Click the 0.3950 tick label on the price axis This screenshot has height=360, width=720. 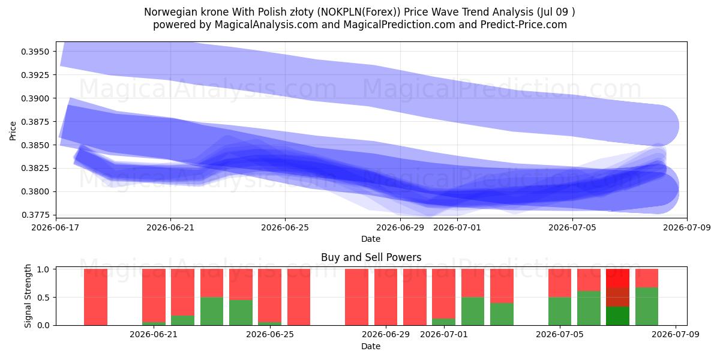click(x=35, y=52)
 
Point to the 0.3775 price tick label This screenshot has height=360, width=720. click(x=35, y=215)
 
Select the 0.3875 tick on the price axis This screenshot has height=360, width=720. click(x=35, y=122)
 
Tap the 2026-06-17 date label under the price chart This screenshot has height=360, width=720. click(x=55, y=227)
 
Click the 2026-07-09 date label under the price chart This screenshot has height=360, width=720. click(x=687, y=227)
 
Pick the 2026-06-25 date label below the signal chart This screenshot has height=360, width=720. click(x=270, y=334)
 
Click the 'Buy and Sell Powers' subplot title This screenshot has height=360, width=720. click(x=371, y=257)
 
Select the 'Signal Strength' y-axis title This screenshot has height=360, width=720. click(x=28, y=296)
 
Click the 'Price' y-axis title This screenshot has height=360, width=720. click(x=13, y=131)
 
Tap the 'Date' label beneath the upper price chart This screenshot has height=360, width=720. click(x=371, y=239)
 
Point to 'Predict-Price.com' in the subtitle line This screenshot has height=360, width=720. click(x=524, y=25)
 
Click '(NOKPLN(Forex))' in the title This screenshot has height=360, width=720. click(x=359, y=12)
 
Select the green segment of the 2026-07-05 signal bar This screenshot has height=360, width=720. click(x=560, y=311)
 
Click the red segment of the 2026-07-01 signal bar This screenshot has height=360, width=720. click(x=443, y=294)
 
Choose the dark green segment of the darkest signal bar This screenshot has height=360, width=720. click(x=617, y=316)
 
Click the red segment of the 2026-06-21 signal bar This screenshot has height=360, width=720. click(x=154, y=295)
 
